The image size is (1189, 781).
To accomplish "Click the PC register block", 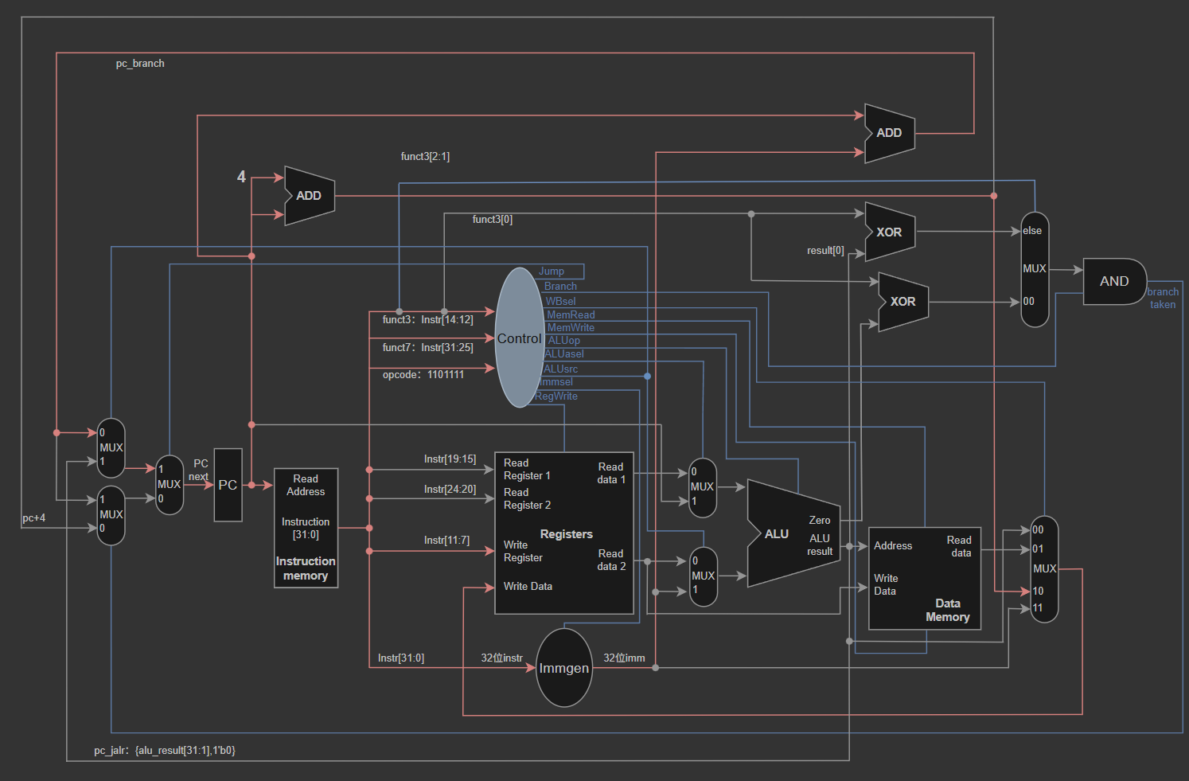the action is (228, 485).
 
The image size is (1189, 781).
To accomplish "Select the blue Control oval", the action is (519, 338).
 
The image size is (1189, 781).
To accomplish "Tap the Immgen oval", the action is (563, 667).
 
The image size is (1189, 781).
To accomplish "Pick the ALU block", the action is (793, 533).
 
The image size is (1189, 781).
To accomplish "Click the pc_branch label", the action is (140, 64).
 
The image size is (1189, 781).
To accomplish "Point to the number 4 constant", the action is (241, 176).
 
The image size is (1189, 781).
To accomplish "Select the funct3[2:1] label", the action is (425, 157).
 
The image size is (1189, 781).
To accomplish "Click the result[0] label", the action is (825, 251).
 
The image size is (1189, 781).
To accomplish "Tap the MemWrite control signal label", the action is (571, 327).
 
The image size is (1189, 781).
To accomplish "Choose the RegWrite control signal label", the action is (556, 396).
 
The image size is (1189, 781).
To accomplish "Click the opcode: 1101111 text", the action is (423, 375).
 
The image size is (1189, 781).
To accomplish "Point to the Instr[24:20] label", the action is (450, 489).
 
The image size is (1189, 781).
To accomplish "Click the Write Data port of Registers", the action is (528, 586).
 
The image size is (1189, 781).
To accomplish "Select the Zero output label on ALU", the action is (820, 521).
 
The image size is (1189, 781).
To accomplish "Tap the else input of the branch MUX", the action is (1032, 231).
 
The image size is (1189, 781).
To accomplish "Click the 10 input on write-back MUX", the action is (1038, 591).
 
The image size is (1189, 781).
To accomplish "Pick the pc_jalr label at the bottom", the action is (165, 750).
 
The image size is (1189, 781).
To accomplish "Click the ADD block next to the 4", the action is (310, 196).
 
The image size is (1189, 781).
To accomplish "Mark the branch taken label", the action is (1163, 298).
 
